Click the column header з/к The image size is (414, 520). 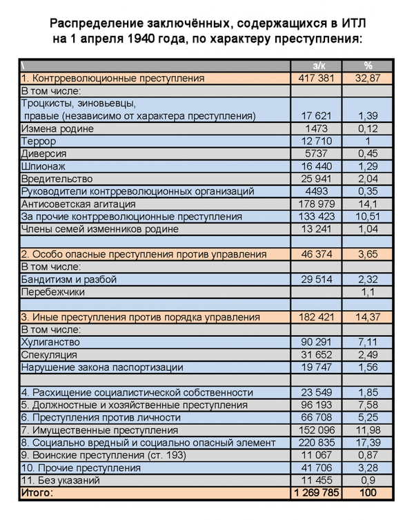coord(318,66)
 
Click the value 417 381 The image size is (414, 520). coord(317,79)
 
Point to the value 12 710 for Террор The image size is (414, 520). coord(318,142)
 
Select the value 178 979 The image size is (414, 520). coord(317,204)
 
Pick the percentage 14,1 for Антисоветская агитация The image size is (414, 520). coord(368,204)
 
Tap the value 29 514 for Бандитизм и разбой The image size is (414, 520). coord(317,280)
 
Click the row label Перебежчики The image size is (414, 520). coord(53,292)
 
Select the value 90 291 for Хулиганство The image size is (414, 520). coord(317,343)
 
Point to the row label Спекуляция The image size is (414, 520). coord(50,355)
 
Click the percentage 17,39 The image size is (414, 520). coord(368,443)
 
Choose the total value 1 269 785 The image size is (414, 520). coord(317,493)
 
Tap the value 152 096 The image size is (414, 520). coord(317,430)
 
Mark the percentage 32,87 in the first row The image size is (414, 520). coord(368,79)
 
